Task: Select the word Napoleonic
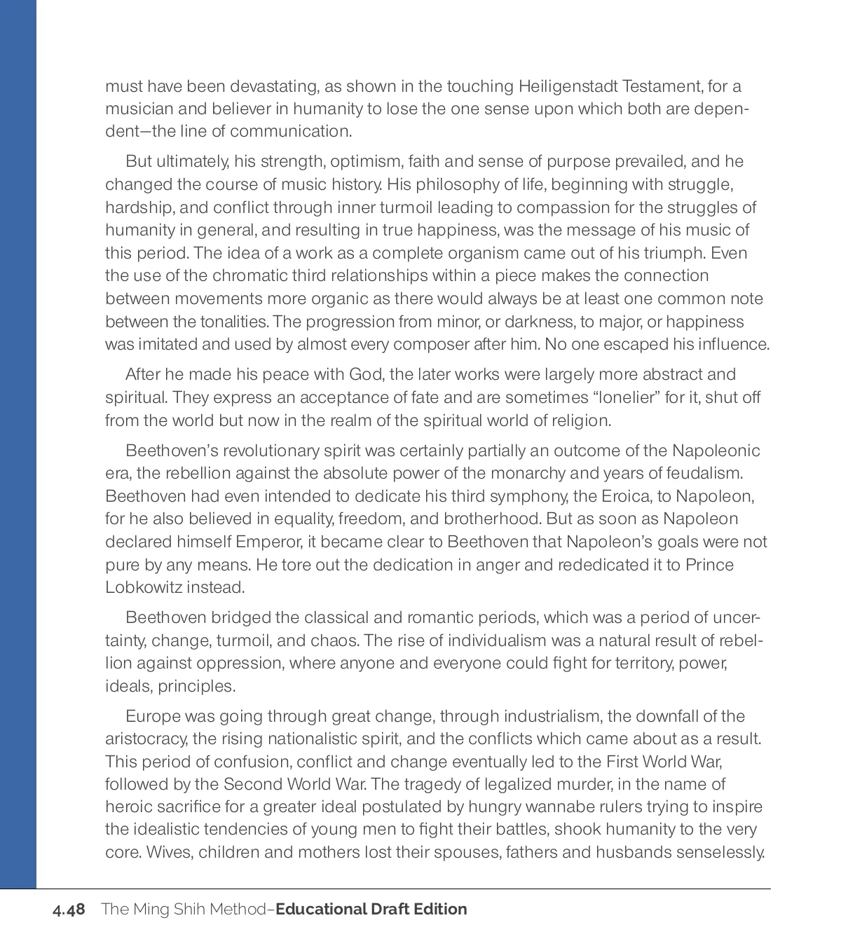point(716,451)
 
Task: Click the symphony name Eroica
point(623,497)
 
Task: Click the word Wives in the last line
point(165,853)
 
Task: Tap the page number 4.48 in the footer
point(69,910)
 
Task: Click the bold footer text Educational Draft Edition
point(371,910)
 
